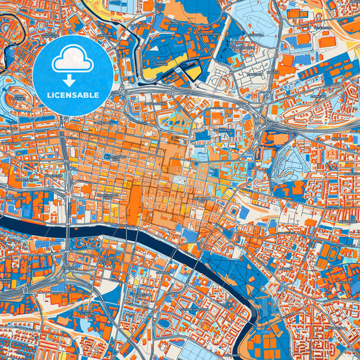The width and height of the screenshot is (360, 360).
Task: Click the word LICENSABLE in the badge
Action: (72, 95)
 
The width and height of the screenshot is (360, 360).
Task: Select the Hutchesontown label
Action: (223, 270)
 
